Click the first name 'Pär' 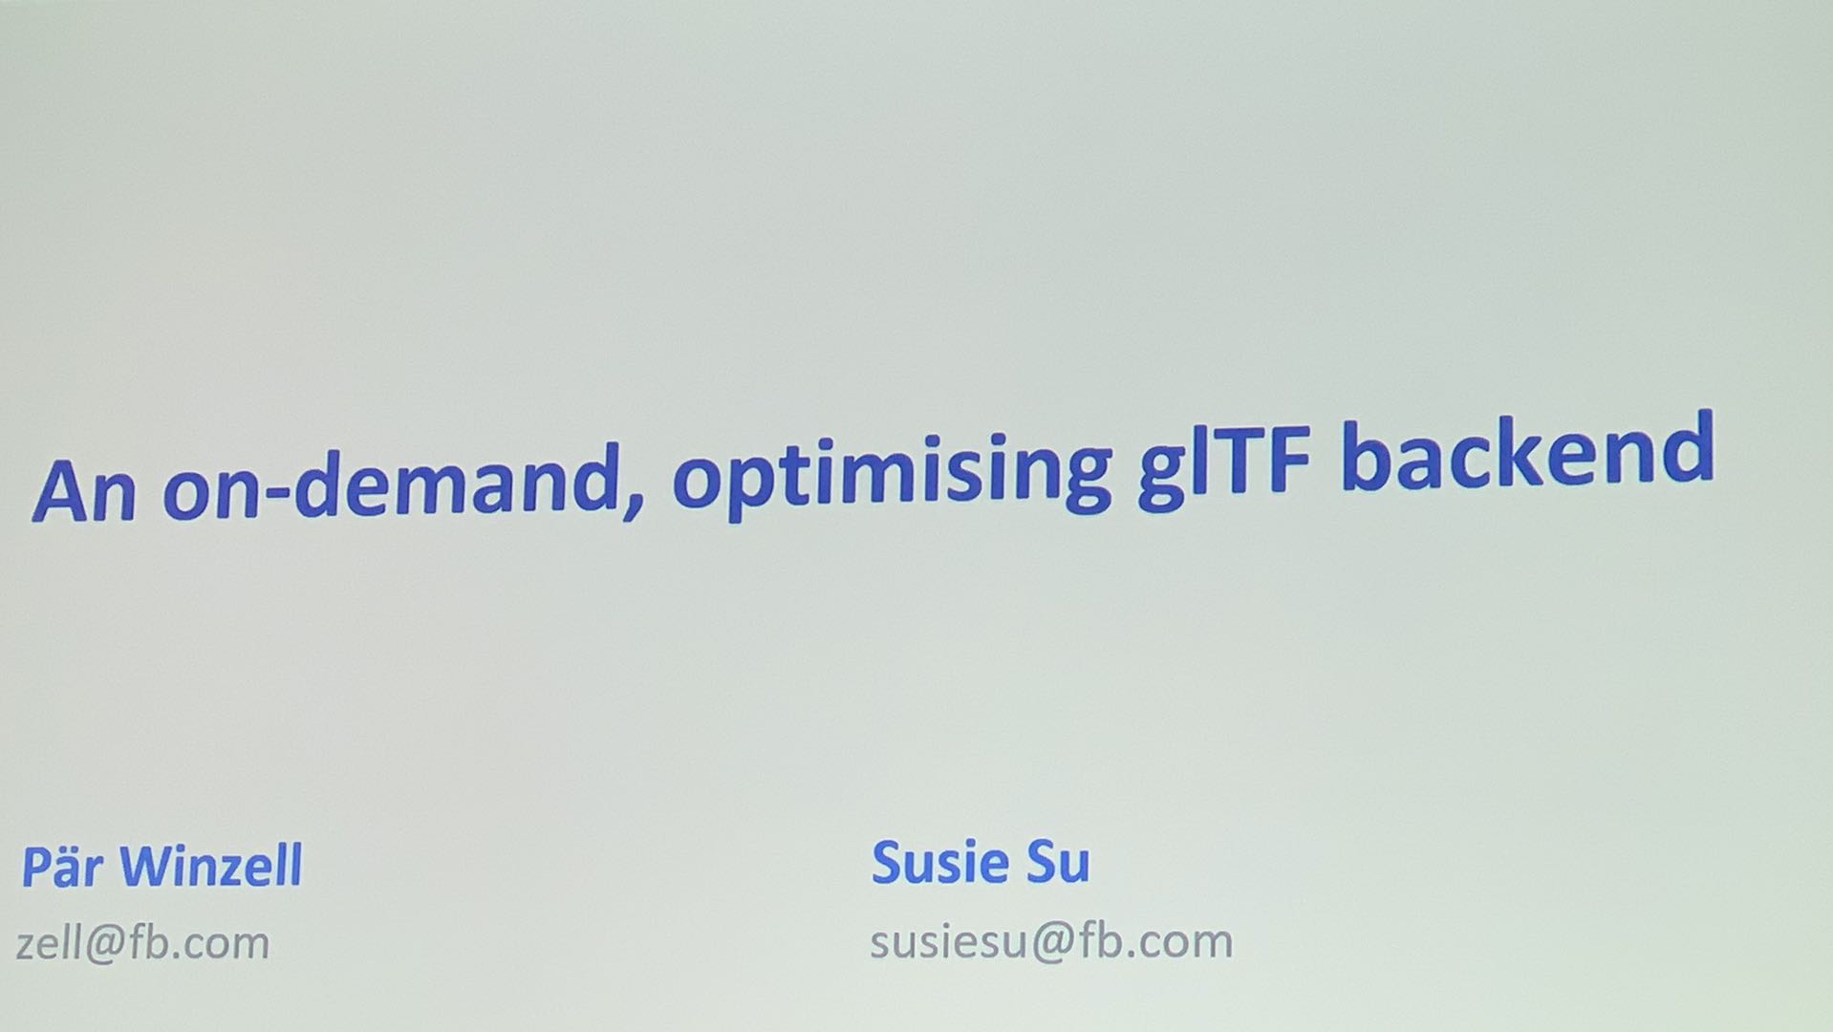(62, 867)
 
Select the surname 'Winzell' (210, 866)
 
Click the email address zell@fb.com (143, 943)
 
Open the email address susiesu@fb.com (1051, 941)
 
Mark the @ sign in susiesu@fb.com (1054, 943)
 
